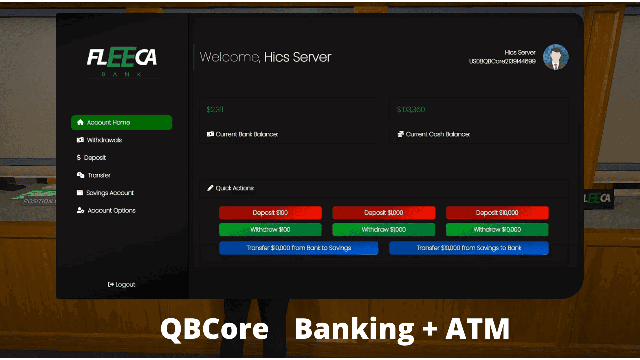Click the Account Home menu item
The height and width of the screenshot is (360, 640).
tap(121, 123)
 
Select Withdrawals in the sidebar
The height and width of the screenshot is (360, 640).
tap(104, 140)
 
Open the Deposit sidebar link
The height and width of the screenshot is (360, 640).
tap(94, 158)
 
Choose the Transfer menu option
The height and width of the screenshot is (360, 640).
tap(98, 175)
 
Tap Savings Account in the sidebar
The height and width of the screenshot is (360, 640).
tap(109, 193)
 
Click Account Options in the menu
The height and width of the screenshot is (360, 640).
tap(111, 210)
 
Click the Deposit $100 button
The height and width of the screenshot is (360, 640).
tap(270, 213)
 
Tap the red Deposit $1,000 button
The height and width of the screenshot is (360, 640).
tap(384, 213)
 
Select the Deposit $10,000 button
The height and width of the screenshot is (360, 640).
tap(497, 213)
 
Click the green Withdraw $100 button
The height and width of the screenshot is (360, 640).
tap(270, 230)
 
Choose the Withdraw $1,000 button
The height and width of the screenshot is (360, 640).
tap(384, 230)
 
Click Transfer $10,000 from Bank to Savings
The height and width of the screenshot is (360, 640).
tap(299, 248)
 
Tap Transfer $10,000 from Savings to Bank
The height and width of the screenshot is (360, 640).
tap(469, 248)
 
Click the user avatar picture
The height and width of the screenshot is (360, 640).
tap(556, 57)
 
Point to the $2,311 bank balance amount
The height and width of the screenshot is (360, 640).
tap(215, 110)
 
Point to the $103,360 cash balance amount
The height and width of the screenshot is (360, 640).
tap(411, 110)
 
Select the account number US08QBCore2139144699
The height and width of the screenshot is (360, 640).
tap(502, 61)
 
